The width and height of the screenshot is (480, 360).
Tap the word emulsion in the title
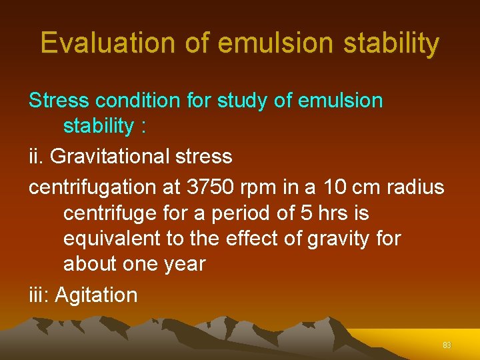point(275,43)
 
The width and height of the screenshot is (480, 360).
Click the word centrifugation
point(93,187)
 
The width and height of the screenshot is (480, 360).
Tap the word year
point(181,264)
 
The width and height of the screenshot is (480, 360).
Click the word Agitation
point(96,295)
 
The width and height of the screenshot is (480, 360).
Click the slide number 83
point(447,345)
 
